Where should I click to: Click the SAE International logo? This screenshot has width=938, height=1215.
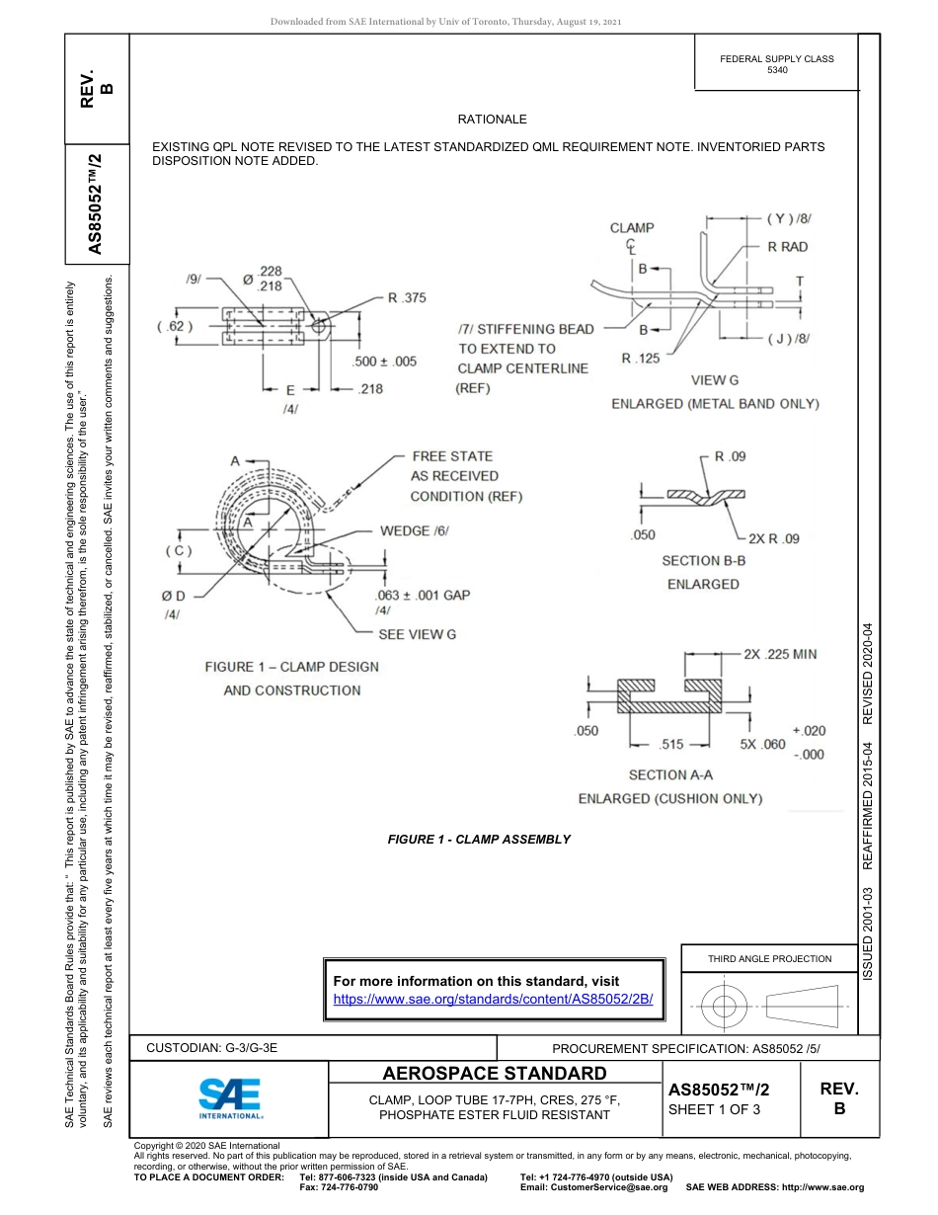point(230,1096)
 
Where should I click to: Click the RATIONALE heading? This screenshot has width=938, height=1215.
point(492,120)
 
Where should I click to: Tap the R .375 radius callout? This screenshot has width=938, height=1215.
point(407,297)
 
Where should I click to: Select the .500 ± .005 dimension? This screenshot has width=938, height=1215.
point(385,362)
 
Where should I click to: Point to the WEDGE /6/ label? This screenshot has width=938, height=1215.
point(415,530)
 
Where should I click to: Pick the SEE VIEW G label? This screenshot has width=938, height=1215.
point(418,634)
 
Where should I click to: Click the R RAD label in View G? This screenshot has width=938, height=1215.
point(787,247)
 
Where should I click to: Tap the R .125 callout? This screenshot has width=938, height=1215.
point(641,359)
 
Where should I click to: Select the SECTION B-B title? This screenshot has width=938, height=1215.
point(703,560)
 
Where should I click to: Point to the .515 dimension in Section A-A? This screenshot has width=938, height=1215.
point(672,744)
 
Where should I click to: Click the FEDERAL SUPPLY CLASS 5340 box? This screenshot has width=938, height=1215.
point(776,64)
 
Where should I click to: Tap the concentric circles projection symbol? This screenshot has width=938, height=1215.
point(725,1007)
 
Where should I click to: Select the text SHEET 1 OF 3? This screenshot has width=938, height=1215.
point(716,1109)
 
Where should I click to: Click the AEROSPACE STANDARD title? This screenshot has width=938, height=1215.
point(494,1074)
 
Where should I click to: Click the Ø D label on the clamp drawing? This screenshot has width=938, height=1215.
point(174,596)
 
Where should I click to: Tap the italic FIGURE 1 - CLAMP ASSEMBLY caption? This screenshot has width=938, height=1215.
point(479,840)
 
